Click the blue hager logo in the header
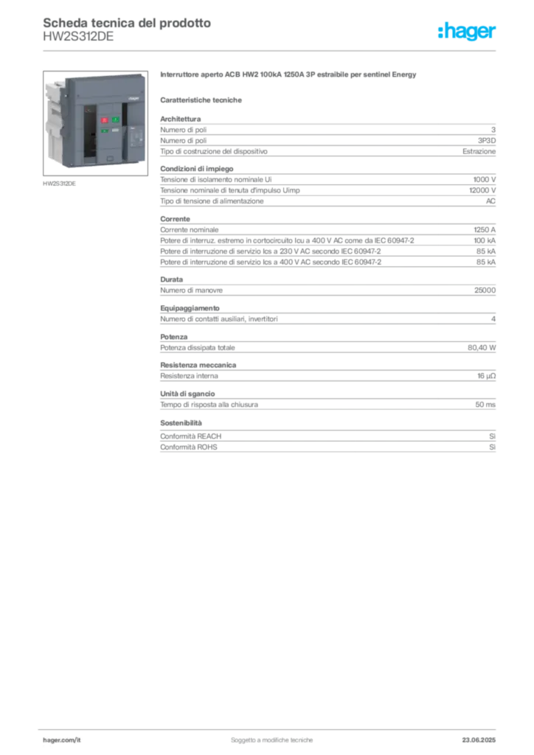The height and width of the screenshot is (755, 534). pos(468,32)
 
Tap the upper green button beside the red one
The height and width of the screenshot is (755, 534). pos(116,119)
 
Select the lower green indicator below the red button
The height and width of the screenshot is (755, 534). pos(105,131)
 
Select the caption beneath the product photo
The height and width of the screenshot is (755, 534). pos(59,184)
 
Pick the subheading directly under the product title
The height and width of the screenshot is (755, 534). pos(203,99)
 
